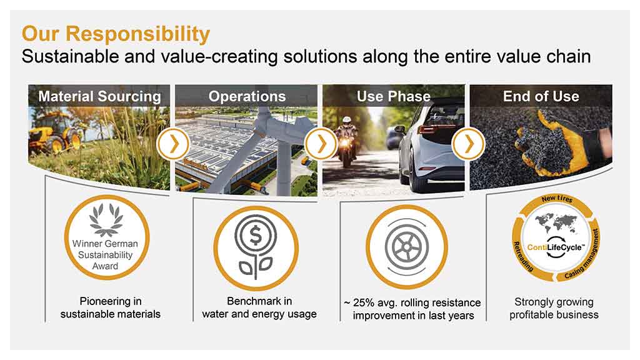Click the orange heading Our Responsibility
[x=116, y=34]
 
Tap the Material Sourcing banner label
[x=99, y=96]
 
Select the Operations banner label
[x=247, y=96]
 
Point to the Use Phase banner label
[x=394, y=96]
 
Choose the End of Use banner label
[x=541, y=96]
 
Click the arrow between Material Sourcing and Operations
[x=174, y=144]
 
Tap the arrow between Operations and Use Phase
[x=321, y=144]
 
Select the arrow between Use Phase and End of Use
[x=469, y=144]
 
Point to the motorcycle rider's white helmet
[x=347, y=121]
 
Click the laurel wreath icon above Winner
[x=106, y=221]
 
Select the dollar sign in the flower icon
[x=256, y=236]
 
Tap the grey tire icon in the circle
[x=407, y=247]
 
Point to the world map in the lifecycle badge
[x=556, y=223]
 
